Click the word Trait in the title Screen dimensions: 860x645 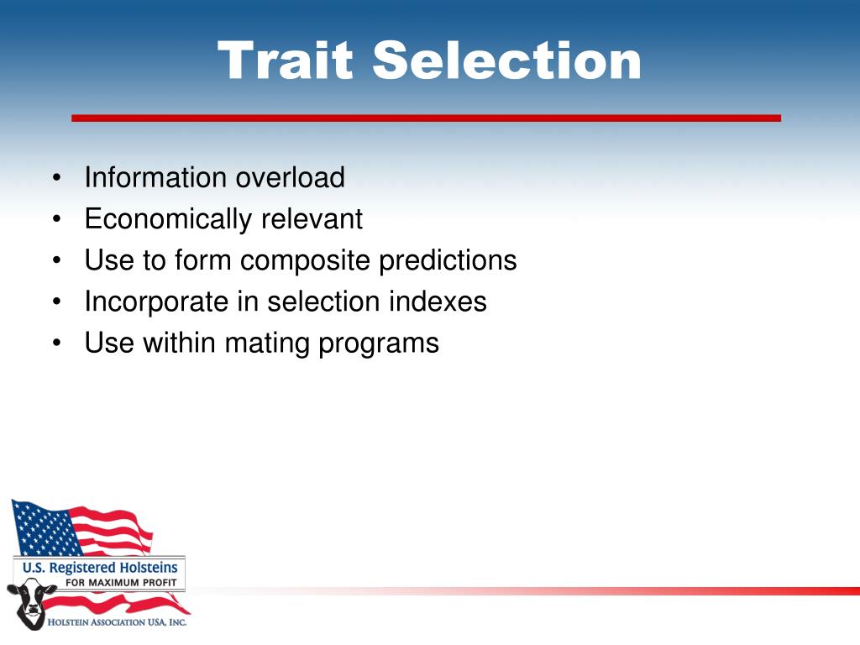coord(285,60)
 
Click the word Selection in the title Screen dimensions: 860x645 coord(507,60)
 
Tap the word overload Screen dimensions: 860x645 coord(290,177)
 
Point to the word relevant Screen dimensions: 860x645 coord(312,219)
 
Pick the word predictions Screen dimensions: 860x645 coord(448,260)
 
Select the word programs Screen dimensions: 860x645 coord(379,343)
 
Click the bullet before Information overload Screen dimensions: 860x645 coord(57,178)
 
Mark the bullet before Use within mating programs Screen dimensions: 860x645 coord(57,343)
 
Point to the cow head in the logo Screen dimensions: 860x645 coord(31,604)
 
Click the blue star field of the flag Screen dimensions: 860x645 coord(44,527)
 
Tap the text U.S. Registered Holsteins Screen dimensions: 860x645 coord(101,567)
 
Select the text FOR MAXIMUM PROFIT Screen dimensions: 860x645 coord(121,583)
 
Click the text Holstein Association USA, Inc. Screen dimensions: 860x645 coord(117,622)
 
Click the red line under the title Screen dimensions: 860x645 coord(426,118)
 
